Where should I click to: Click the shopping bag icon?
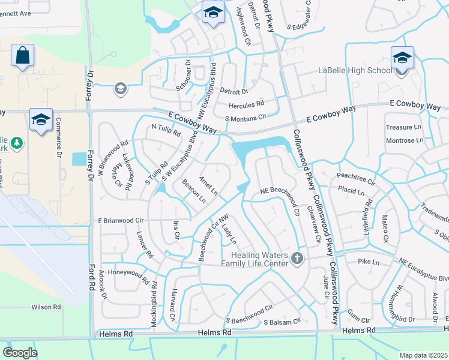click(x=22, y=56)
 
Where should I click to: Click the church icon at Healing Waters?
click(x=297, y=259)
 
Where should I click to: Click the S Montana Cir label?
click(x=245, y=118)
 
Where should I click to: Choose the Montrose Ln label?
click(x=405, y=140)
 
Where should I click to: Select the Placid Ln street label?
click(x=351, y=193)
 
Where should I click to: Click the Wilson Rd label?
click(x=46, y=307)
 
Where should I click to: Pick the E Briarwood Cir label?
click(x=121, y=220)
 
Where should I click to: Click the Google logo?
click(x=20, y=353)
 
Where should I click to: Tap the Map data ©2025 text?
click(x=423, y=355)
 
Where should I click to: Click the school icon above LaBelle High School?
click(x=402, y=57)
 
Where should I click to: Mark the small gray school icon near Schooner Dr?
click(x=120, y=89)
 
